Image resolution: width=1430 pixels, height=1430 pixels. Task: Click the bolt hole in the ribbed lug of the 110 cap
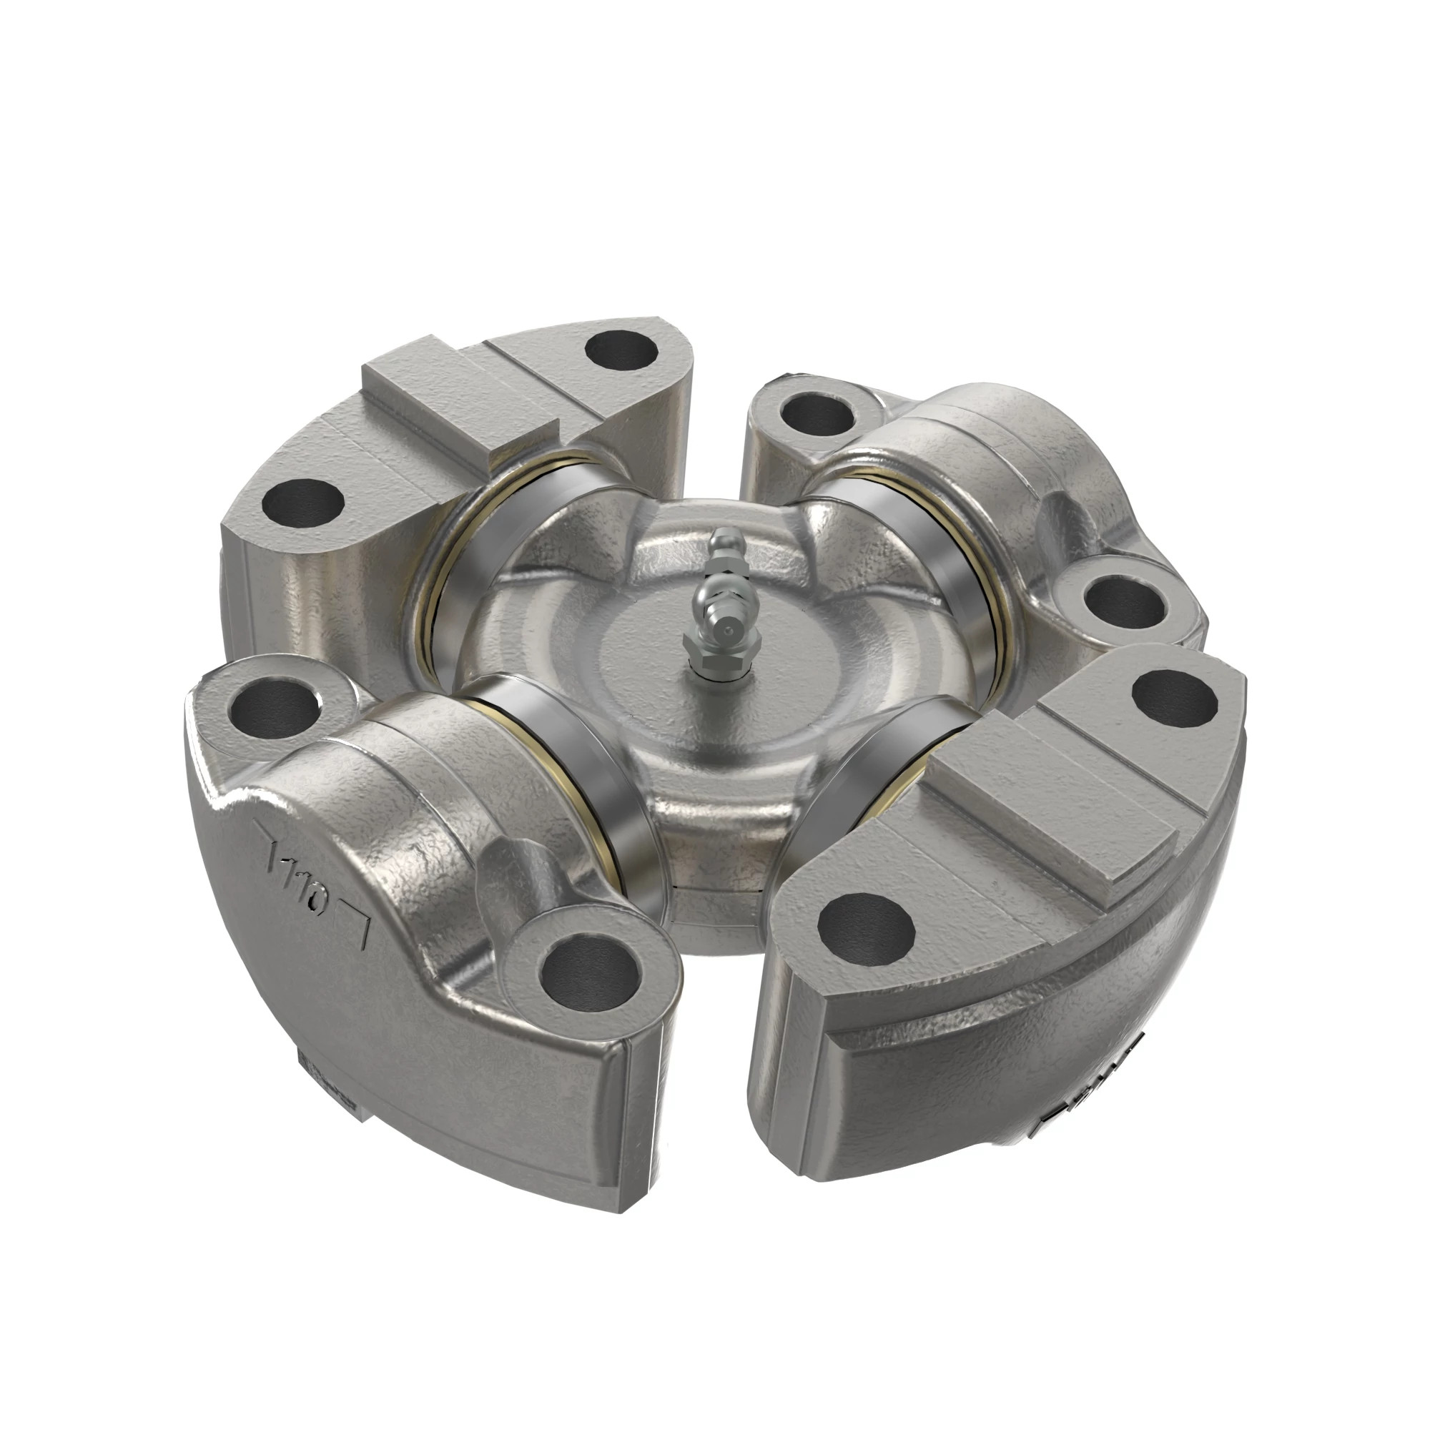(590, 970)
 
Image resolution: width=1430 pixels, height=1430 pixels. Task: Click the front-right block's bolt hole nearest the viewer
(865, 925)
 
